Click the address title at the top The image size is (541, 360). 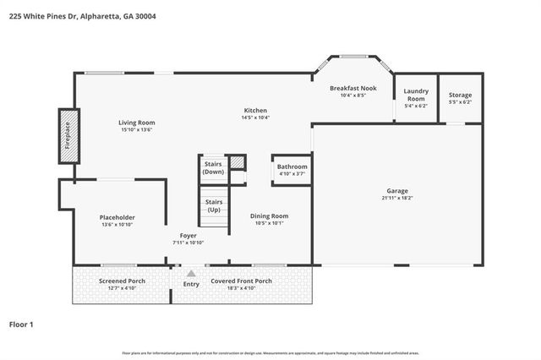click(x=83, y=16)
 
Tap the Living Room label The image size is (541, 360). click(x=136, y=123)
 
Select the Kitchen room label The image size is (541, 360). click(x=255, y=111)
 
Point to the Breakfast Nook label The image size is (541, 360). click(x=352, y=88)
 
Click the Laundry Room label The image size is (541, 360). click(x=416, y=95)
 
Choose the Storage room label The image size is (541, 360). click(x=461, y=95)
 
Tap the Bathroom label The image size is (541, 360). click(x=292, y=167)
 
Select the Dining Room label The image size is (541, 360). click(x=270, y=216)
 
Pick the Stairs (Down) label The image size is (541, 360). click(x=213, y=167)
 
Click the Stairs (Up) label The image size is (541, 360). click(x=214, y=206)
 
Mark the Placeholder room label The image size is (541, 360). click(x=117, y=217)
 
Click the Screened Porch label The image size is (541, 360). click(x=122, y=281)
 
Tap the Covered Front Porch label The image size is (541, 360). click(x=241, y=281)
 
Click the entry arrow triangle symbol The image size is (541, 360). click(x=191, y=273)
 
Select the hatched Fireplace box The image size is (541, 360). click(x=68, y=136)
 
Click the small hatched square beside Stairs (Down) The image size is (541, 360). click(x=238, y=162)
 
